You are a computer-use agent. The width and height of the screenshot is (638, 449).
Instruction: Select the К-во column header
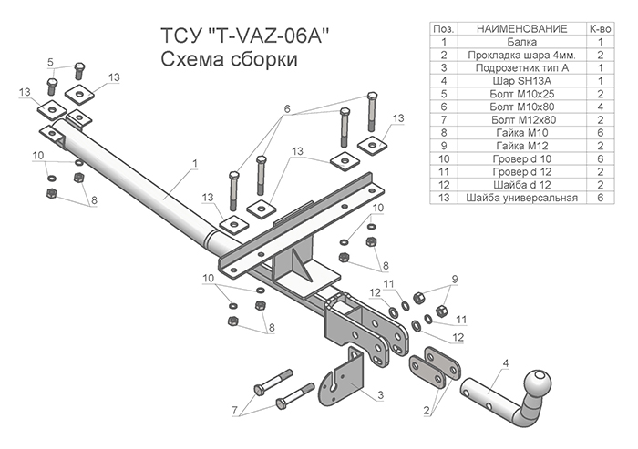602,30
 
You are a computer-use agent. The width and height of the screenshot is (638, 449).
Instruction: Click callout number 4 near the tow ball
504,367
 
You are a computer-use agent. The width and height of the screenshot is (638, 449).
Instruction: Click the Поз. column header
444,30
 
